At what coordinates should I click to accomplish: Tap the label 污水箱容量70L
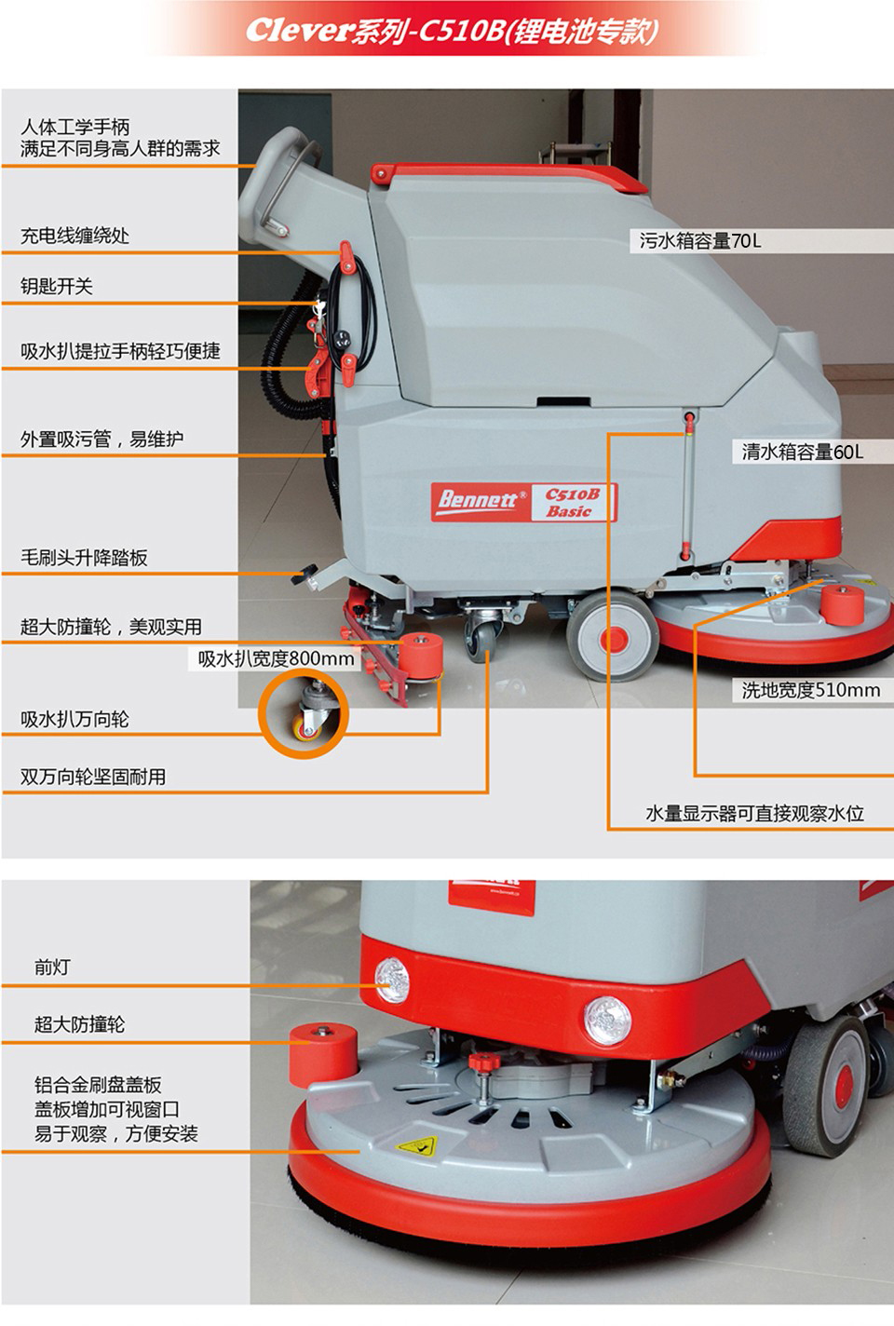tap(699, 241)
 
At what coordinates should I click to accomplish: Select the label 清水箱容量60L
tap(802, 453)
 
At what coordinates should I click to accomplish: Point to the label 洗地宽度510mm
tap(810, 690)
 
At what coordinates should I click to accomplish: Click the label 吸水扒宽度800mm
tap(276, 659)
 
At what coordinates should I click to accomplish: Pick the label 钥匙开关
tap(56, 287)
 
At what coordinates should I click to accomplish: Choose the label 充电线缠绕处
tap(74, 237)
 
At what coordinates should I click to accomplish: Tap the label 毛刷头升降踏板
tap(84, 558)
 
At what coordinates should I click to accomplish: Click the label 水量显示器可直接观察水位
tap(754, 813)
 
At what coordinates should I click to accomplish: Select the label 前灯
tap(52, 967)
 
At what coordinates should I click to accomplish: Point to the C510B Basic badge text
tap(572, 503)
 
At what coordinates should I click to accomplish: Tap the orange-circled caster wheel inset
tap(304, 712)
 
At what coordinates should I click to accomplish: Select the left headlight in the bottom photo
tap(392, 981)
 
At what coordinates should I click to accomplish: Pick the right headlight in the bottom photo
tap(607, 1020)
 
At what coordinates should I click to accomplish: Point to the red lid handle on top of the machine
tap(508, 176)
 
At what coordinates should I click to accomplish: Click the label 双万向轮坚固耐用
tap(93, 777)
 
